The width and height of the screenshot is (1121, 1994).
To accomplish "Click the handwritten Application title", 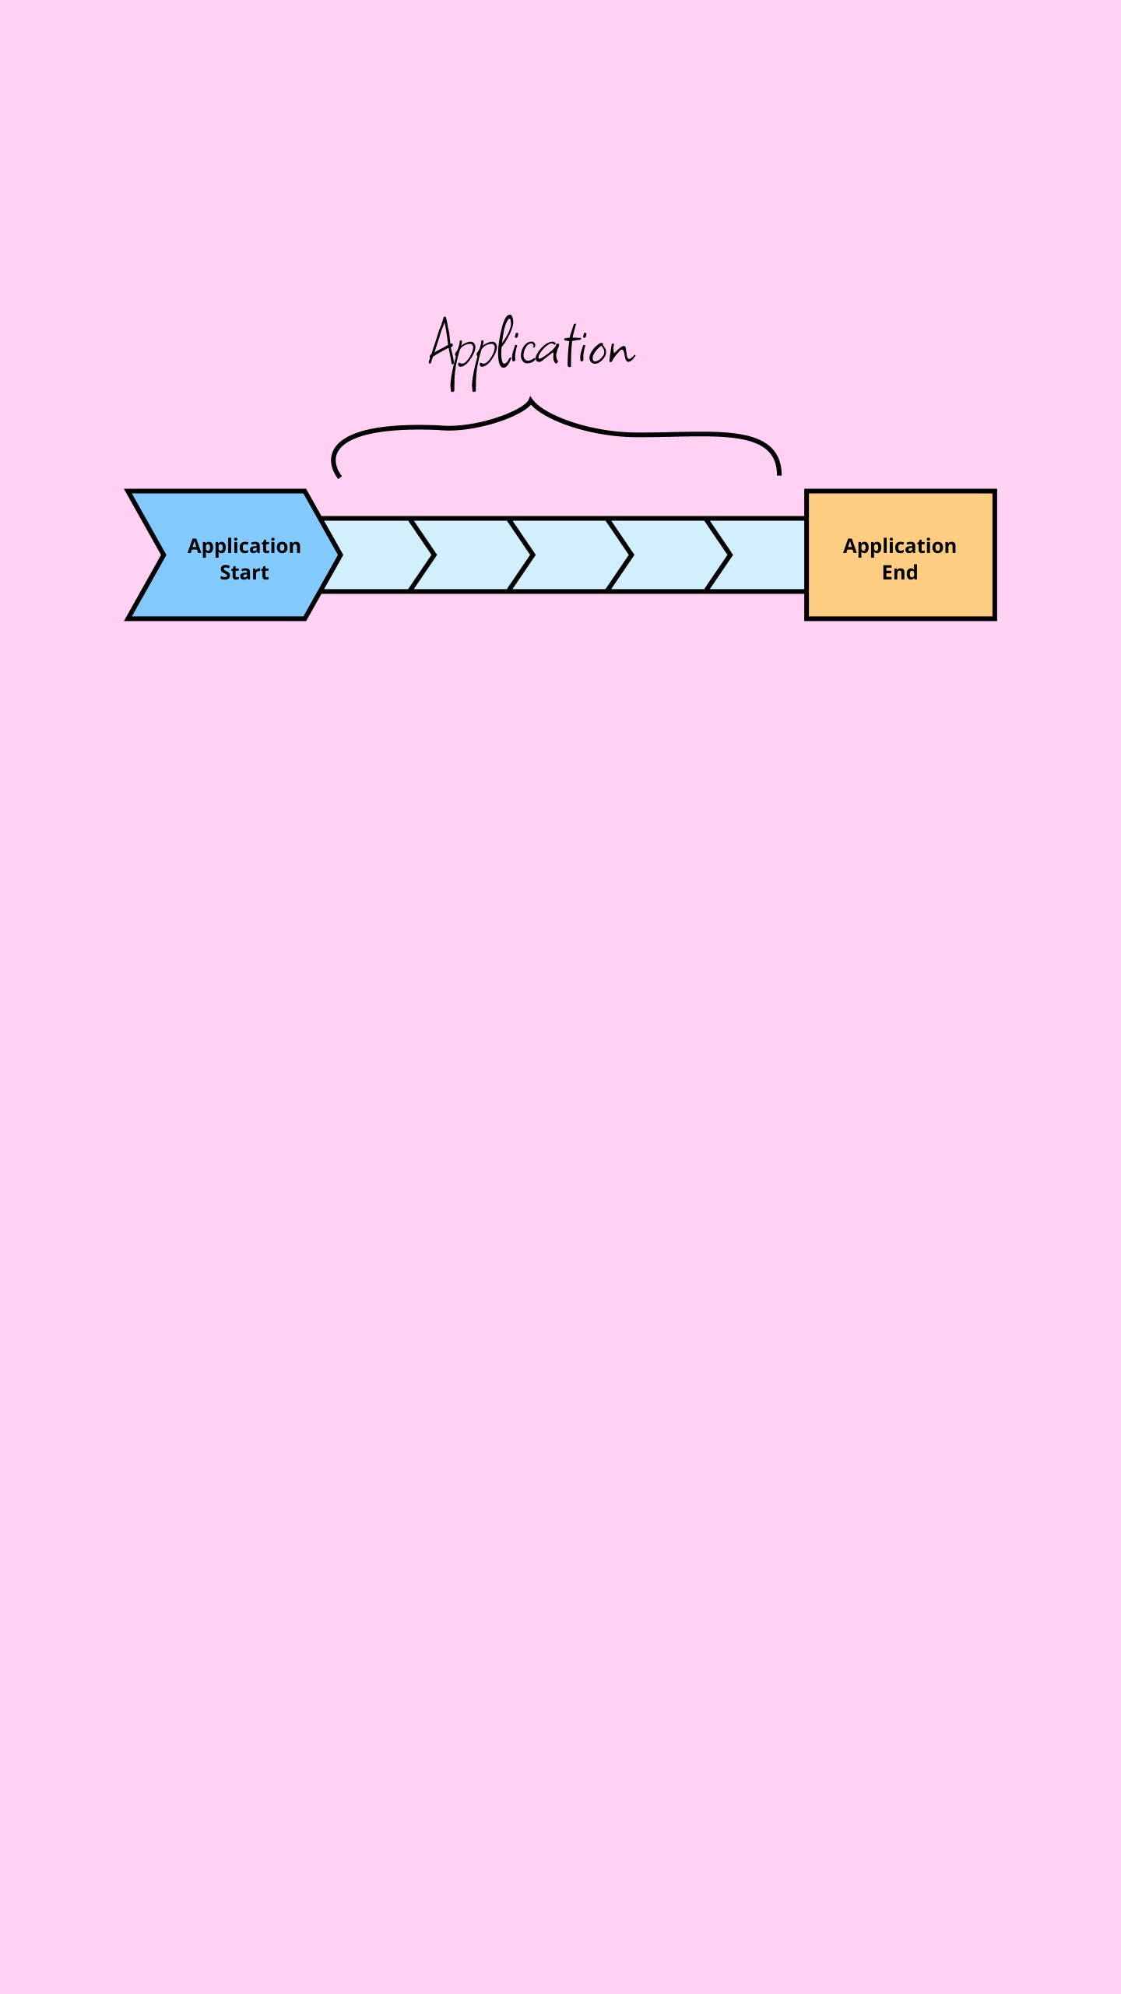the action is pos(532,353).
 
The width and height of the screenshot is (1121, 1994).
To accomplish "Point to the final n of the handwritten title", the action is pos(623,352).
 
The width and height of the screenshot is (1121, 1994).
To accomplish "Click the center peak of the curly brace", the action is pos(532,399).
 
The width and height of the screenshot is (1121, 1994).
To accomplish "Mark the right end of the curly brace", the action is pos(778,472).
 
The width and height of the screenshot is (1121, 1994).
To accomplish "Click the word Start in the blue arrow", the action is pos(244,572).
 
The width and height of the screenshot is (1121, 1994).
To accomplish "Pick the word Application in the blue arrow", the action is pos(244,547).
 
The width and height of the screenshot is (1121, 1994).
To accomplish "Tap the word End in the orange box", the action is pos(899,572).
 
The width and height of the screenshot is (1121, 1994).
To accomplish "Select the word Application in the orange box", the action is pos(899,547).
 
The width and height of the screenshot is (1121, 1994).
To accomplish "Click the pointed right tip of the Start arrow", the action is pos(341,555).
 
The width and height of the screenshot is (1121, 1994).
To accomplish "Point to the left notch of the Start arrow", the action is pos(163,555).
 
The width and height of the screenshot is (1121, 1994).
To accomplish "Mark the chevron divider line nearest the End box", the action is pos(719,555).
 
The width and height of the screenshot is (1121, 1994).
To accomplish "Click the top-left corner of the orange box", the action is pos(806,491).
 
